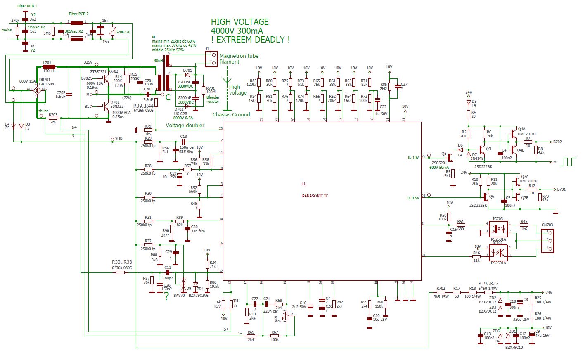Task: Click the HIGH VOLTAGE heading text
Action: (239, 22)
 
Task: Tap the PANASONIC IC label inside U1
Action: (315, 196)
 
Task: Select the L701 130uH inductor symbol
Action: (49, 66)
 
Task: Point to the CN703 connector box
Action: (547, 240)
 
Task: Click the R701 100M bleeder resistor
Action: (203, 90)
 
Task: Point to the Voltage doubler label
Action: (185, 125)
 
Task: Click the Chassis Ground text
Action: (231, 114)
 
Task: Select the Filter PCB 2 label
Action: (78, 14)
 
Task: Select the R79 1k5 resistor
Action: (148, 130)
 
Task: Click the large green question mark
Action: (166, 296)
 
